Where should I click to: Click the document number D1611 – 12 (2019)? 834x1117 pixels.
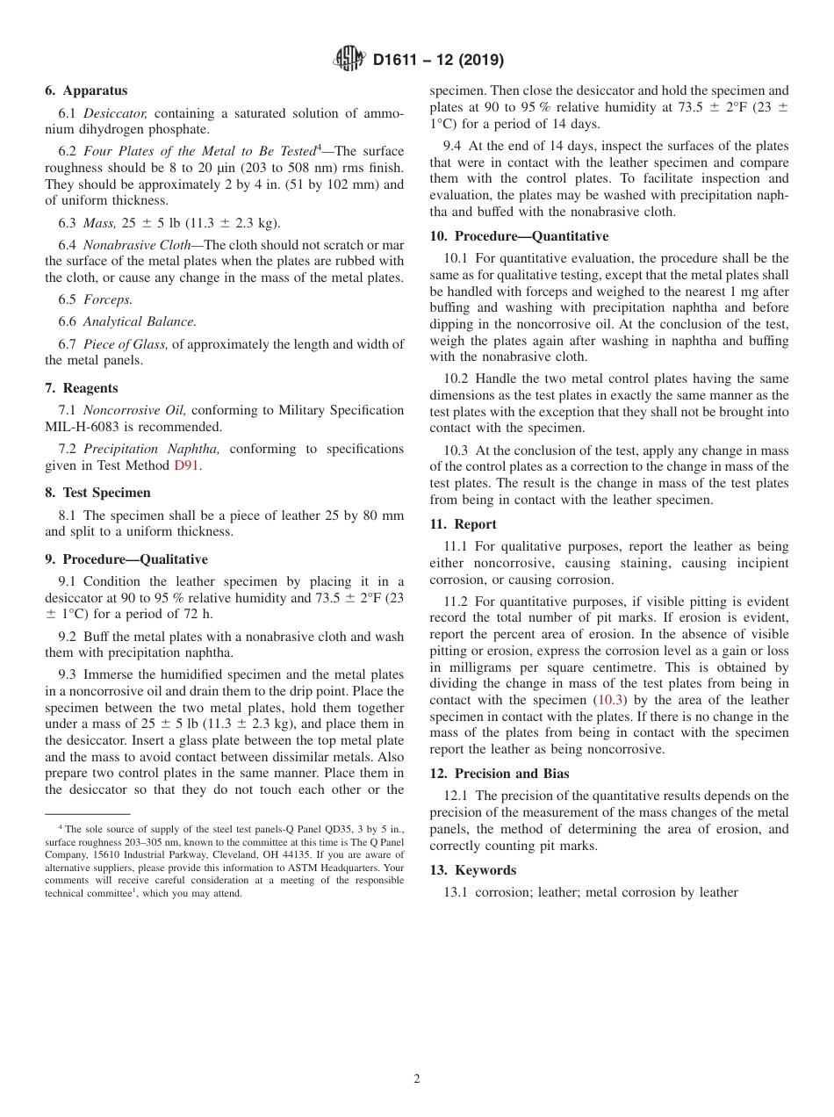437,61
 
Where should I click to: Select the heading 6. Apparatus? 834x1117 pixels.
86,90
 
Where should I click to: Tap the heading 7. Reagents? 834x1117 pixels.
82,388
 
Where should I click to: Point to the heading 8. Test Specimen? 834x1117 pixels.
97,493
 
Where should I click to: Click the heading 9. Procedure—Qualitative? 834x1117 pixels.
126,559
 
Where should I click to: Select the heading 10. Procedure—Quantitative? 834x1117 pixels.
519,236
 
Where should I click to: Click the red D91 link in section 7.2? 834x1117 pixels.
187,465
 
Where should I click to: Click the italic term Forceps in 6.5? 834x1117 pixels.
108,299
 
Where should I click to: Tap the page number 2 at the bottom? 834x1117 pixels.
417,1079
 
